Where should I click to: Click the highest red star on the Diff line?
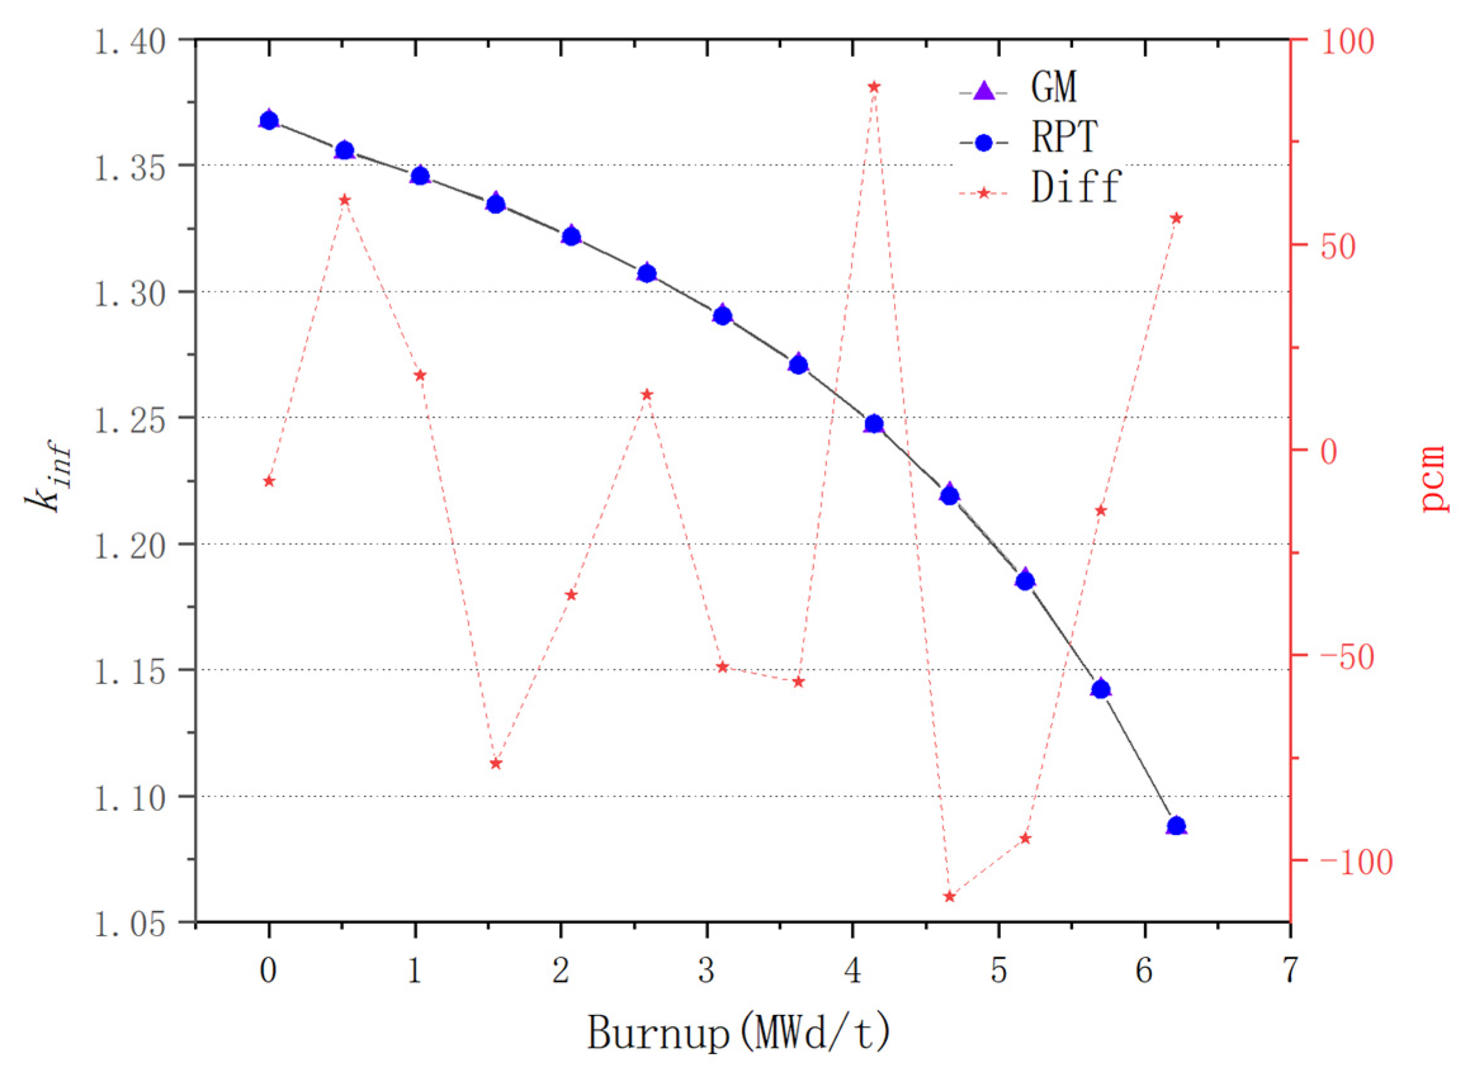click(873, 87)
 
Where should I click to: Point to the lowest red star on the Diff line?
click(949, 896)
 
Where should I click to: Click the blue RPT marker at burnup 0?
click(269, 120)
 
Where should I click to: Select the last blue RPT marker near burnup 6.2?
click(1176, 826)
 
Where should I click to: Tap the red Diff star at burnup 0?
click(269, 481)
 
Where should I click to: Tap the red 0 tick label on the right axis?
click(1328, 452)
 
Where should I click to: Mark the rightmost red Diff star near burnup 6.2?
click(1176, 218)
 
